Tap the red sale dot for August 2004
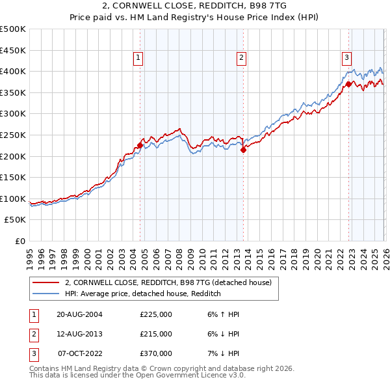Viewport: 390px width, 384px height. (x=140, y=146)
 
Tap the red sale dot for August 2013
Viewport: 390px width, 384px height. (x=243, y=150)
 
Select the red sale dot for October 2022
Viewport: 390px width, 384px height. (x=349, y=84)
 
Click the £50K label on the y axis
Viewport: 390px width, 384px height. (x=16, y=220)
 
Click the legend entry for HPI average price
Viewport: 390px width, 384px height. (x=143, y=294)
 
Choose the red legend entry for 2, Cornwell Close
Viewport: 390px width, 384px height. (x=172, y=282)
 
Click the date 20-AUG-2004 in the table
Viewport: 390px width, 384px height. (x=79, y=314)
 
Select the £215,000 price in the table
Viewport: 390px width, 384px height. (x=155, y=334)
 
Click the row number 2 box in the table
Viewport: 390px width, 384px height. (x=32, y=334)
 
